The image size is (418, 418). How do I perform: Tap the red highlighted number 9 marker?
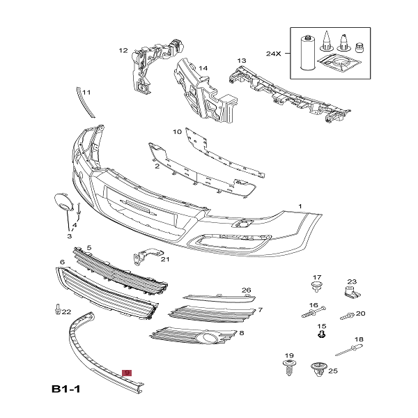pyautogui.click(x=127, y=373)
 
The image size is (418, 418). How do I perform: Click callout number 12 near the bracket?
pyautogui.click(x=123, y=50)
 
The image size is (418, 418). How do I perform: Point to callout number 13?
pyautogui.click(x=242, y=61)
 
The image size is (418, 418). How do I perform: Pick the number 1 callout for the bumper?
pyautogui.click(x=300, y=206)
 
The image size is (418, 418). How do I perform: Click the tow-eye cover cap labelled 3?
pyautogui.click(x=64, y=203)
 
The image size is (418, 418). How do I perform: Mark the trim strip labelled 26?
pyautogui.click(x=216, y=295)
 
